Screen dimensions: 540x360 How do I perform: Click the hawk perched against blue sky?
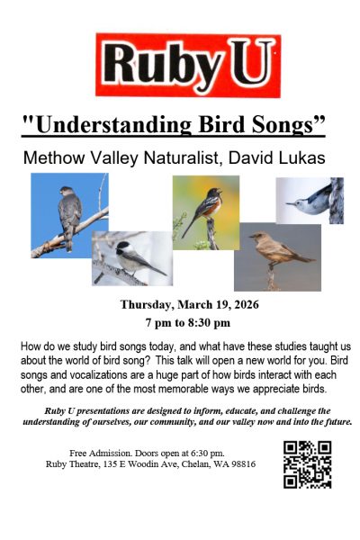(x=68, y=215)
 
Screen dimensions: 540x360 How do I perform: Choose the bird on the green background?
(x=205, y=211)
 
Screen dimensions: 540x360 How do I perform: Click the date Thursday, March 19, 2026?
(x=189, y=303)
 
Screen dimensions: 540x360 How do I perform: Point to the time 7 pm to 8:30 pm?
(x=189, y=322)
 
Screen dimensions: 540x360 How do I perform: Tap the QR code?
(x=307, y=464)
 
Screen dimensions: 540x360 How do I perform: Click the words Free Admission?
(x=99, y=451)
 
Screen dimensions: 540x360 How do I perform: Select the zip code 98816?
(x=238, y=463)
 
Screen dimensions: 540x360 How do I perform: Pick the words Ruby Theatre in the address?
(x=75, y=463)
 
